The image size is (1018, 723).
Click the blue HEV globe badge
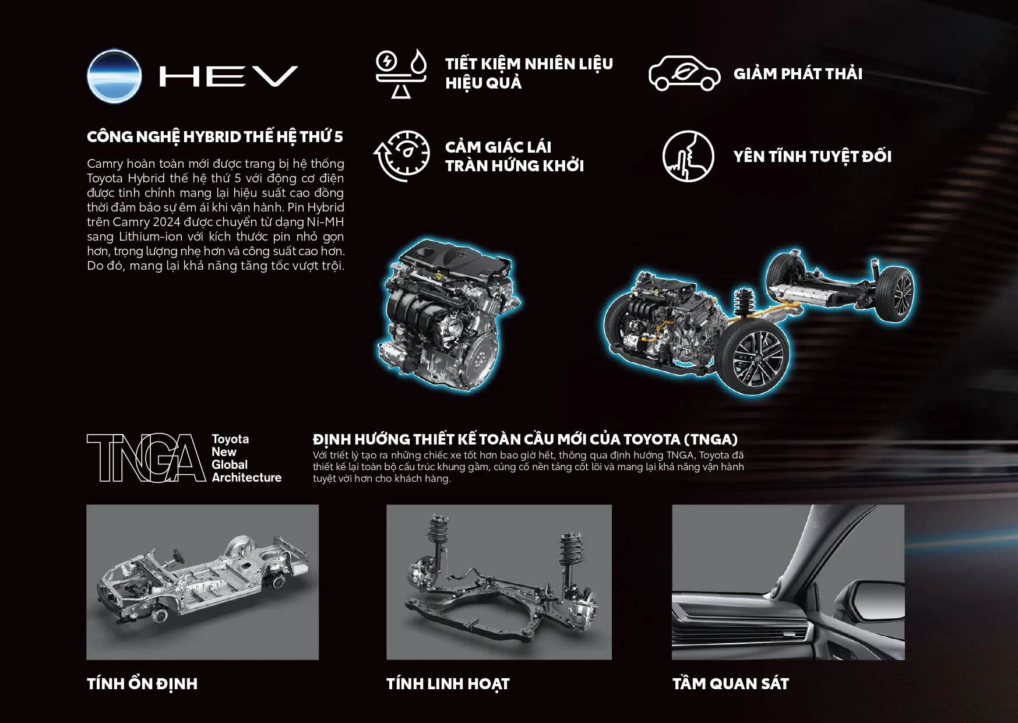click(114, 76)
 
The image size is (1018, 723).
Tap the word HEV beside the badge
click(228, 76)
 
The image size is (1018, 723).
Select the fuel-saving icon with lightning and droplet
click(401, 73)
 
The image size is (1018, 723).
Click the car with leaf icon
click(685, 73)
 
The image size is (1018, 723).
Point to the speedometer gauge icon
click(401, 156)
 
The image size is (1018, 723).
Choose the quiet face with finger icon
click(688, 156)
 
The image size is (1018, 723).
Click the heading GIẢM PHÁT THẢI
click(798, 74)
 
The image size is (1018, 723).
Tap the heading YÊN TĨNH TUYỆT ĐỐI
click(812, 156)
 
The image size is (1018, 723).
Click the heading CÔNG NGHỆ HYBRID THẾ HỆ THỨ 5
click(215, 137)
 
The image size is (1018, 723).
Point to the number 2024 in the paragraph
click(167, 222)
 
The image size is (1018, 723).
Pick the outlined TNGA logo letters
click(146, 458)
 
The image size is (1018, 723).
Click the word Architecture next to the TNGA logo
click(246, 478)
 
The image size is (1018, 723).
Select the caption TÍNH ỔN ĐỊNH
click(142, 684)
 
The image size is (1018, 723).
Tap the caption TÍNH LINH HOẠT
click(448, 684)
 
